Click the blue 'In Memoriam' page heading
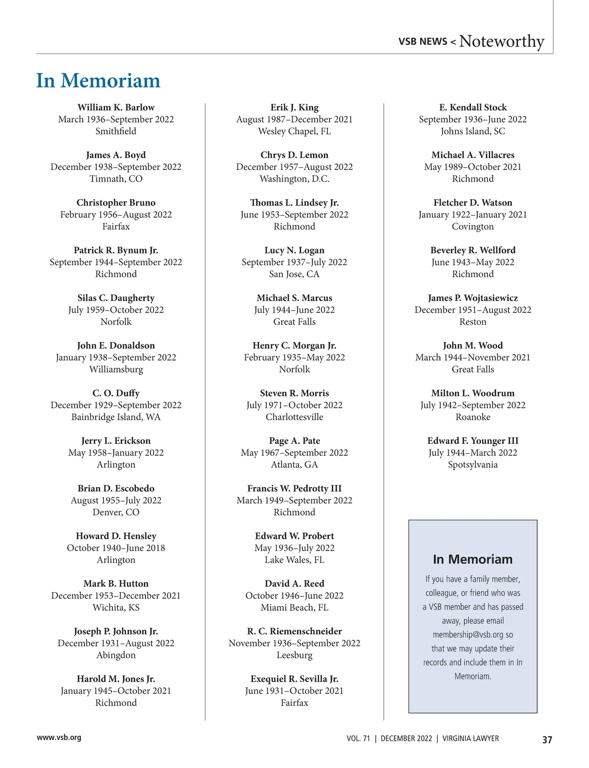coord(98,81)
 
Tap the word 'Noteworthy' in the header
coord(501,41)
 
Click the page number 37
coord(547,740)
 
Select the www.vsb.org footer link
coord(59,737)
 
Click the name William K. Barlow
coord(116,108)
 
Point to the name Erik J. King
coord(294,108)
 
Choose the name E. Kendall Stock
coord(473,108)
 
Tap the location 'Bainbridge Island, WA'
coord(116,417)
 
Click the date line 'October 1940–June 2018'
coord(116,548)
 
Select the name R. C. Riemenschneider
coord(294,631)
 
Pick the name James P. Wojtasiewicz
coord(473,298)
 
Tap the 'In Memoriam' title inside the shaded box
coord(473,559)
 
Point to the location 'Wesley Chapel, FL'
coord(294,131)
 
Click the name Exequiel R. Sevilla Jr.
coord(294,679)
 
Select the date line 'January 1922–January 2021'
coord(473,215)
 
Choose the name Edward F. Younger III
coord(473,441)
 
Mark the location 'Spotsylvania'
coord(473,465)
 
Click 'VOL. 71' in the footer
coord(358,739)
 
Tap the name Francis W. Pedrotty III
coord(294,489)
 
